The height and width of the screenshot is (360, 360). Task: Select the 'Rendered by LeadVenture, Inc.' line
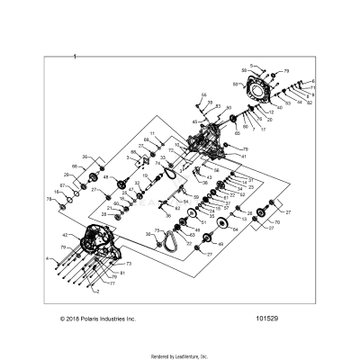180,355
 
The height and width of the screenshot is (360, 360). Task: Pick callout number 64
235,229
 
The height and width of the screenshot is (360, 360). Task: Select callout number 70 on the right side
276,221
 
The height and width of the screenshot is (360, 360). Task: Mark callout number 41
242,156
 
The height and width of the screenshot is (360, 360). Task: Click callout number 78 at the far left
49,198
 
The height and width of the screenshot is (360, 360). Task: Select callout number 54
186,202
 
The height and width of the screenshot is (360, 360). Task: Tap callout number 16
55,192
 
